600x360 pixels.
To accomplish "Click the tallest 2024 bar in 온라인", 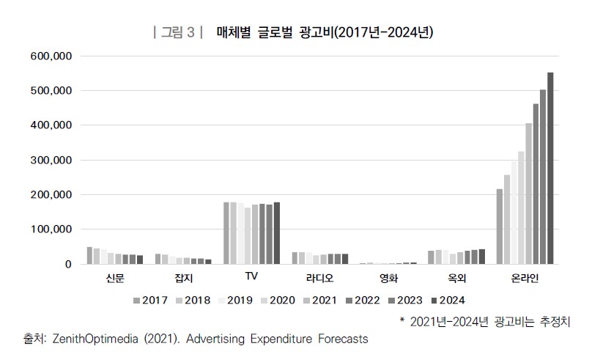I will (550, 168).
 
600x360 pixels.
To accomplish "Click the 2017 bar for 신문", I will (89, 255).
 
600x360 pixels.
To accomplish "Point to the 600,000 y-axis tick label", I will (51, 56).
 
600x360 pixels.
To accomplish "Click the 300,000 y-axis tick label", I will (51, 161).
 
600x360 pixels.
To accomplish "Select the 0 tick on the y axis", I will (67, 265).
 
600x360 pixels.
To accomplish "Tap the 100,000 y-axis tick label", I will (51, 230).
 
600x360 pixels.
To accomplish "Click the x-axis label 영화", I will (388, 279).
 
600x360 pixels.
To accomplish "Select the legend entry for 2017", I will (150, 300).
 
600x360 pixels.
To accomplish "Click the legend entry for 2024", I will (447, 300).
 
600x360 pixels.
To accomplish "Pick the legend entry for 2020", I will (278, 300).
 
